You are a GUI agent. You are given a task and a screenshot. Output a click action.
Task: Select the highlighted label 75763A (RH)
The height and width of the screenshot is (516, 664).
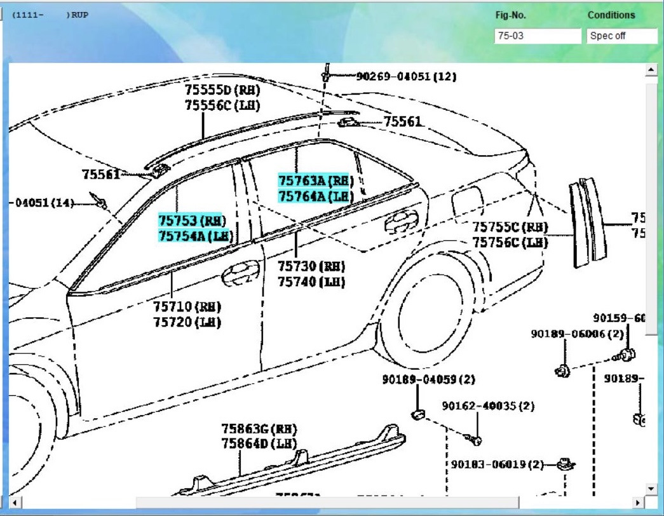(x=316, y=180)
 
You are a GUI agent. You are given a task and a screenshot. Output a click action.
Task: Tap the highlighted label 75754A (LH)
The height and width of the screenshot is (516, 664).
(x=195, y=236)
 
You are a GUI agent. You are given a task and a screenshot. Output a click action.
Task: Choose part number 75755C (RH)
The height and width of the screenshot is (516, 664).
(x=510, y=227)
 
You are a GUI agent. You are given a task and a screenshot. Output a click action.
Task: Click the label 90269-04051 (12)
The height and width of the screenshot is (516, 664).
(x=406, y=76)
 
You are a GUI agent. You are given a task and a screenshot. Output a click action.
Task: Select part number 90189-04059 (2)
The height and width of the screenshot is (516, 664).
(x=429, y=379)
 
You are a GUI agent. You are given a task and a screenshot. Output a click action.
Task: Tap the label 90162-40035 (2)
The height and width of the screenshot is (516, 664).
(x=488, y=406)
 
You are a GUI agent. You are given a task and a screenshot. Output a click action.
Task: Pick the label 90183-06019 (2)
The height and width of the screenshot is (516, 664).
(x=498, y=465)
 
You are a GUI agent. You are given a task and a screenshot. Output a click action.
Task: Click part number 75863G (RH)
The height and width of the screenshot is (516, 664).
(x=259, y=429)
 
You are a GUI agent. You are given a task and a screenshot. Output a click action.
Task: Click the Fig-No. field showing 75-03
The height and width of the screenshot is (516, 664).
(x=537, y=36)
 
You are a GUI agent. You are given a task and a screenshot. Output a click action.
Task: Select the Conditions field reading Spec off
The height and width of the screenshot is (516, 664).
(x=621, y=36)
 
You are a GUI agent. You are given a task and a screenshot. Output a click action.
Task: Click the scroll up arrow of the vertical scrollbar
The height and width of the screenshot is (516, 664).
(x=651, y=69)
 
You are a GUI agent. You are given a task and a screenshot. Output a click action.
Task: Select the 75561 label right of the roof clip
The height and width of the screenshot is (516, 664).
(x=402, y=121)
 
